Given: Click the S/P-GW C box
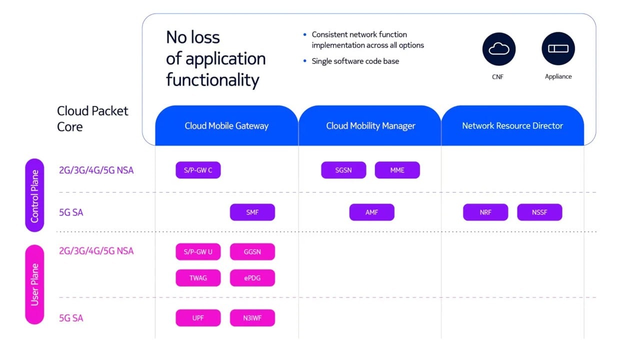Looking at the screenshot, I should pos(198,170).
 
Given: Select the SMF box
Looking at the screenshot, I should pos(252,212).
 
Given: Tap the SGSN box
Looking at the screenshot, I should pos(343,170).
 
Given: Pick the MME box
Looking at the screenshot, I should pos(397,170).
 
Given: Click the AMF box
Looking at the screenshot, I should pos(371,212).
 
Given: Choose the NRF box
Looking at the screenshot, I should pos(485,212).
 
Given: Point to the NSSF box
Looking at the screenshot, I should pos(539,212).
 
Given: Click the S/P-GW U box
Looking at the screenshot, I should pos(198,251).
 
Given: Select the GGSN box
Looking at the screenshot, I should pos(252,251).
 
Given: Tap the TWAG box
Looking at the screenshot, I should pos(198,278).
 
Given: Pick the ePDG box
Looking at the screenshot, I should pos(252,278).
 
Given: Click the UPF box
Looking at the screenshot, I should pos(198,318).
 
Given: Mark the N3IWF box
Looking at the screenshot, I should pos(252,318).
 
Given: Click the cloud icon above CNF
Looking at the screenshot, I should pos(498,49).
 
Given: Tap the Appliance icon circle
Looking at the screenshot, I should pos(558,49).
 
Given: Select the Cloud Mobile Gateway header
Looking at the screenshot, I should pos(226,126).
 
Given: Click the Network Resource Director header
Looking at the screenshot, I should pos(512,126).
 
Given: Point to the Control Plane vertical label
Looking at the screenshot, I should pos(34,195).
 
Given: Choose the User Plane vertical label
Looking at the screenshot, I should pos(34,284).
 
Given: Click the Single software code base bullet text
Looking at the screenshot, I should pos(355,61).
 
